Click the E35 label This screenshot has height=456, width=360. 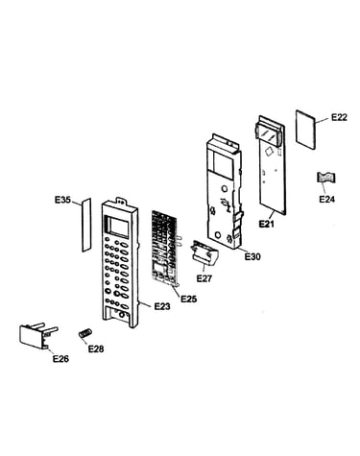62,201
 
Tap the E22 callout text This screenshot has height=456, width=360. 339,117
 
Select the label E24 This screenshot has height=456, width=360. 326,199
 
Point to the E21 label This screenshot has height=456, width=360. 266,224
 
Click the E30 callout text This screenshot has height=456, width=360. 252,256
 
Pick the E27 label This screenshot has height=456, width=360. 204,278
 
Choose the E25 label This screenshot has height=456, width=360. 189,299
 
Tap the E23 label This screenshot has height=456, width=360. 162,306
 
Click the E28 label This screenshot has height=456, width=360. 96,348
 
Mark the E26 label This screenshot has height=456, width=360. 60,359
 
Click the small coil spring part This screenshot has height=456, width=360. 85,333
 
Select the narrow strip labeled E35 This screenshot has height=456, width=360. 86,225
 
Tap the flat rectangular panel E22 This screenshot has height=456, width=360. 305,130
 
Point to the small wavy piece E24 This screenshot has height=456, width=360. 326,178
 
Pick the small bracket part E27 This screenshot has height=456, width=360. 204,253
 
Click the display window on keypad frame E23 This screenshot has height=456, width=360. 117,227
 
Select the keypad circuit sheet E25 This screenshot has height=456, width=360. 166,248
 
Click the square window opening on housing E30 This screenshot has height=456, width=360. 223,160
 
